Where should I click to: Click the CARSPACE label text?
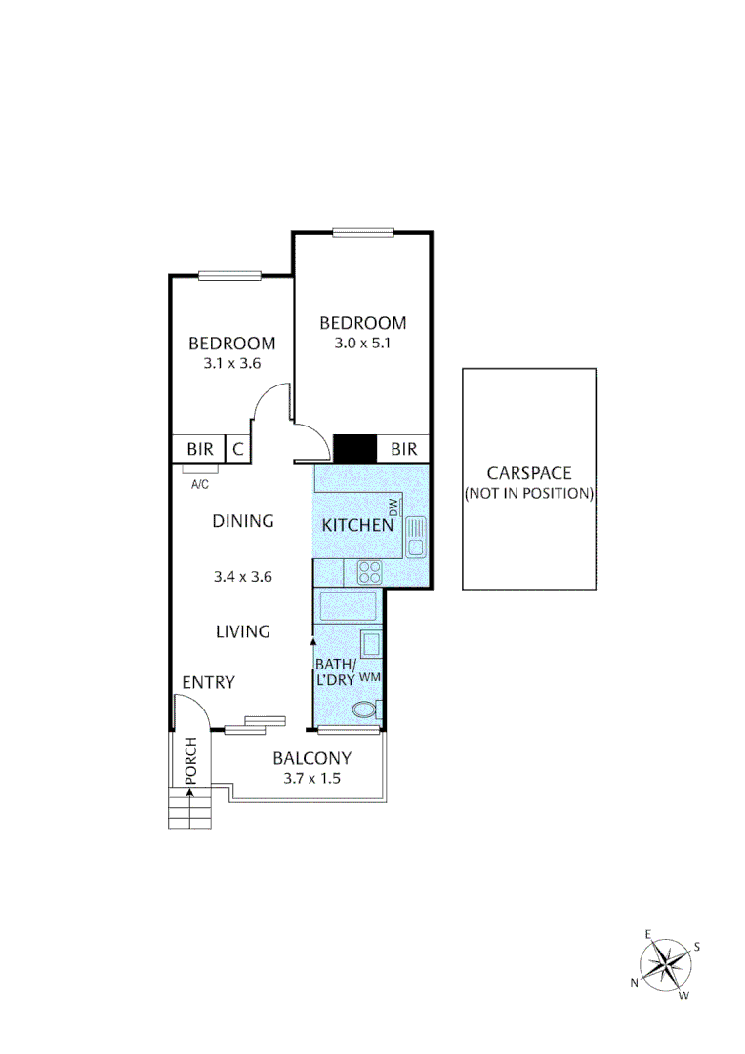[x=528, y=473]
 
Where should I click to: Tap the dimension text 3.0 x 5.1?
[x=362, y=343]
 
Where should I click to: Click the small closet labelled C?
[x=238, y=449]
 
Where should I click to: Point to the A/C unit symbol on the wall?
[x=199, y=469]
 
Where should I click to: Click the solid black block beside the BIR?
[x=354, y=448]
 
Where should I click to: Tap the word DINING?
[x=242, y=521]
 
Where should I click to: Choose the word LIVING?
[x=242, y=631]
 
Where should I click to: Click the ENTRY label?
[x=208, y=682]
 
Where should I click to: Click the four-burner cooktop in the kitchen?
[x=370, y=572]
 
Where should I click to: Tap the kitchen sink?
[x=415, y=536]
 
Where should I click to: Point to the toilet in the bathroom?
[x=366, y=709]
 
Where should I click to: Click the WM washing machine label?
[x=369, y=676]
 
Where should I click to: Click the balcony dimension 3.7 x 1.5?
[x=311, y=779]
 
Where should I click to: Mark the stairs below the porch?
[x=188, y=809]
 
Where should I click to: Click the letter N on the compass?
[x=634, y=982]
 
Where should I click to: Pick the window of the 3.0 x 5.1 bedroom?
[x=362, y=232]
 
